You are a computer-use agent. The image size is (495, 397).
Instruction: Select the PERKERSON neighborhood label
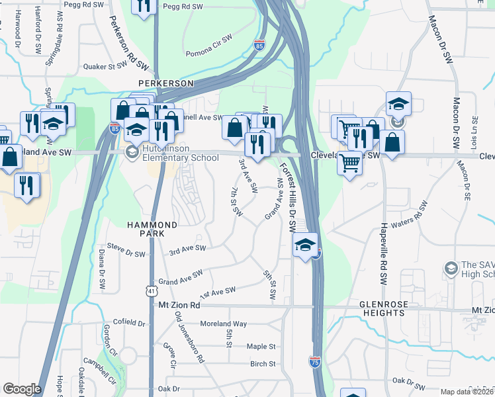[165, 83]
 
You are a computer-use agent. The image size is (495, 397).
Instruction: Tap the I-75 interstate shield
[315, 362]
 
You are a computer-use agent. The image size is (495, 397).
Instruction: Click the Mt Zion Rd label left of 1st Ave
[179, 306]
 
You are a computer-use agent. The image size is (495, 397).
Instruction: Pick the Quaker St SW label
[105, 66]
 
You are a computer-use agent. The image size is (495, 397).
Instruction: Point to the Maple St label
[261, 346]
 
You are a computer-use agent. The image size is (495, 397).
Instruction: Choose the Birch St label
[263, 364]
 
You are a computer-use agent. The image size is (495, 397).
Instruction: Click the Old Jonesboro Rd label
[189, 337]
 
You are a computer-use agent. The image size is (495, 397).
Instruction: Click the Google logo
[21, 389]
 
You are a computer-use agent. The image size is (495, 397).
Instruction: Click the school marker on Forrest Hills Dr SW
[304, 244]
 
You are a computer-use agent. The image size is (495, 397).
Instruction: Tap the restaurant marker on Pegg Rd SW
[144, 5]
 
